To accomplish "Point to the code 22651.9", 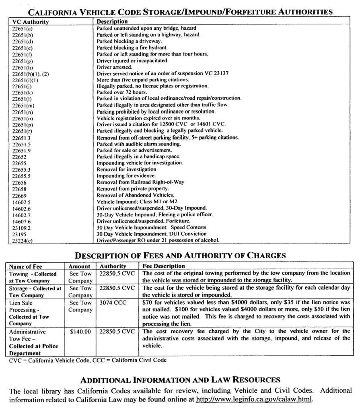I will [21, 150].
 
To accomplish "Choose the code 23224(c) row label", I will [23, 241].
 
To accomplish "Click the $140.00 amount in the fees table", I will [80, 332].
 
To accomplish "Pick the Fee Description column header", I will [164, 266].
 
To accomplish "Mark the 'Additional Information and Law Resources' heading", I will [180, 379].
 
